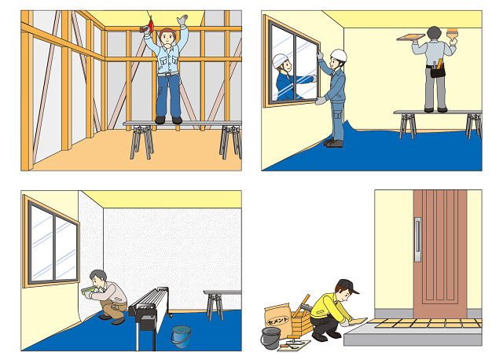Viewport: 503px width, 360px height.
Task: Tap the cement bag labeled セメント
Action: point(277,319)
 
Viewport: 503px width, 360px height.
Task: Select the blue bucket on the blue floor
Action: point(181,336)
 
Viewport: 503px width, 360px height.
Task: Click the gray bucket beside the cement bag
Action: point(270,338)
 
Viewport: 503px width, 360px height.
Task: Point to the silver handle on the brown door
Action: point(417,240)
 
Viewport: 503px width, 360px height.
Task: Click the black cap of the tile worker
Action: point(347,285)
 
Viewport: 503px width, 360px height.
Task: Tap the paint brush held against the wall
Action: point(453,35)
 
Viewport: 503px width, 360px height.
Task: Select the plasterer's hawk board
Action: point(410,37)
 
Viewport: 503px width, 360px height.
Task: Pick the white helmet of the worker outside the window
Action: point(279,61)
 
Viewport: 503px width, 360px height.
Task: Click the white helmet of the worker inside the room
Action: point(340,55)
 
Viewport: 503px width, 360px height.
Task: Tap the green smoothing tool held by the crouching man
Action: point(87,290)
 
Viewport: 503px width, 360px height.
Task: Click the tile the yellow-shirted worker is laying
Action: point(358,321)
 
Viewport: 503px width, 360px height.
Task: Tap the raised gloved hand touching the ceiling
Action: point(182,20)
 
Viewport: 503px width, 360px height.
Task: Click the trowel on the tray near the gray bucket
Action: point(292,343)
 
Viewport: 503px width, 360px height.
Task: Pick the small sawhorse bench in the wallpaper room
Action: point(222,304)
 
